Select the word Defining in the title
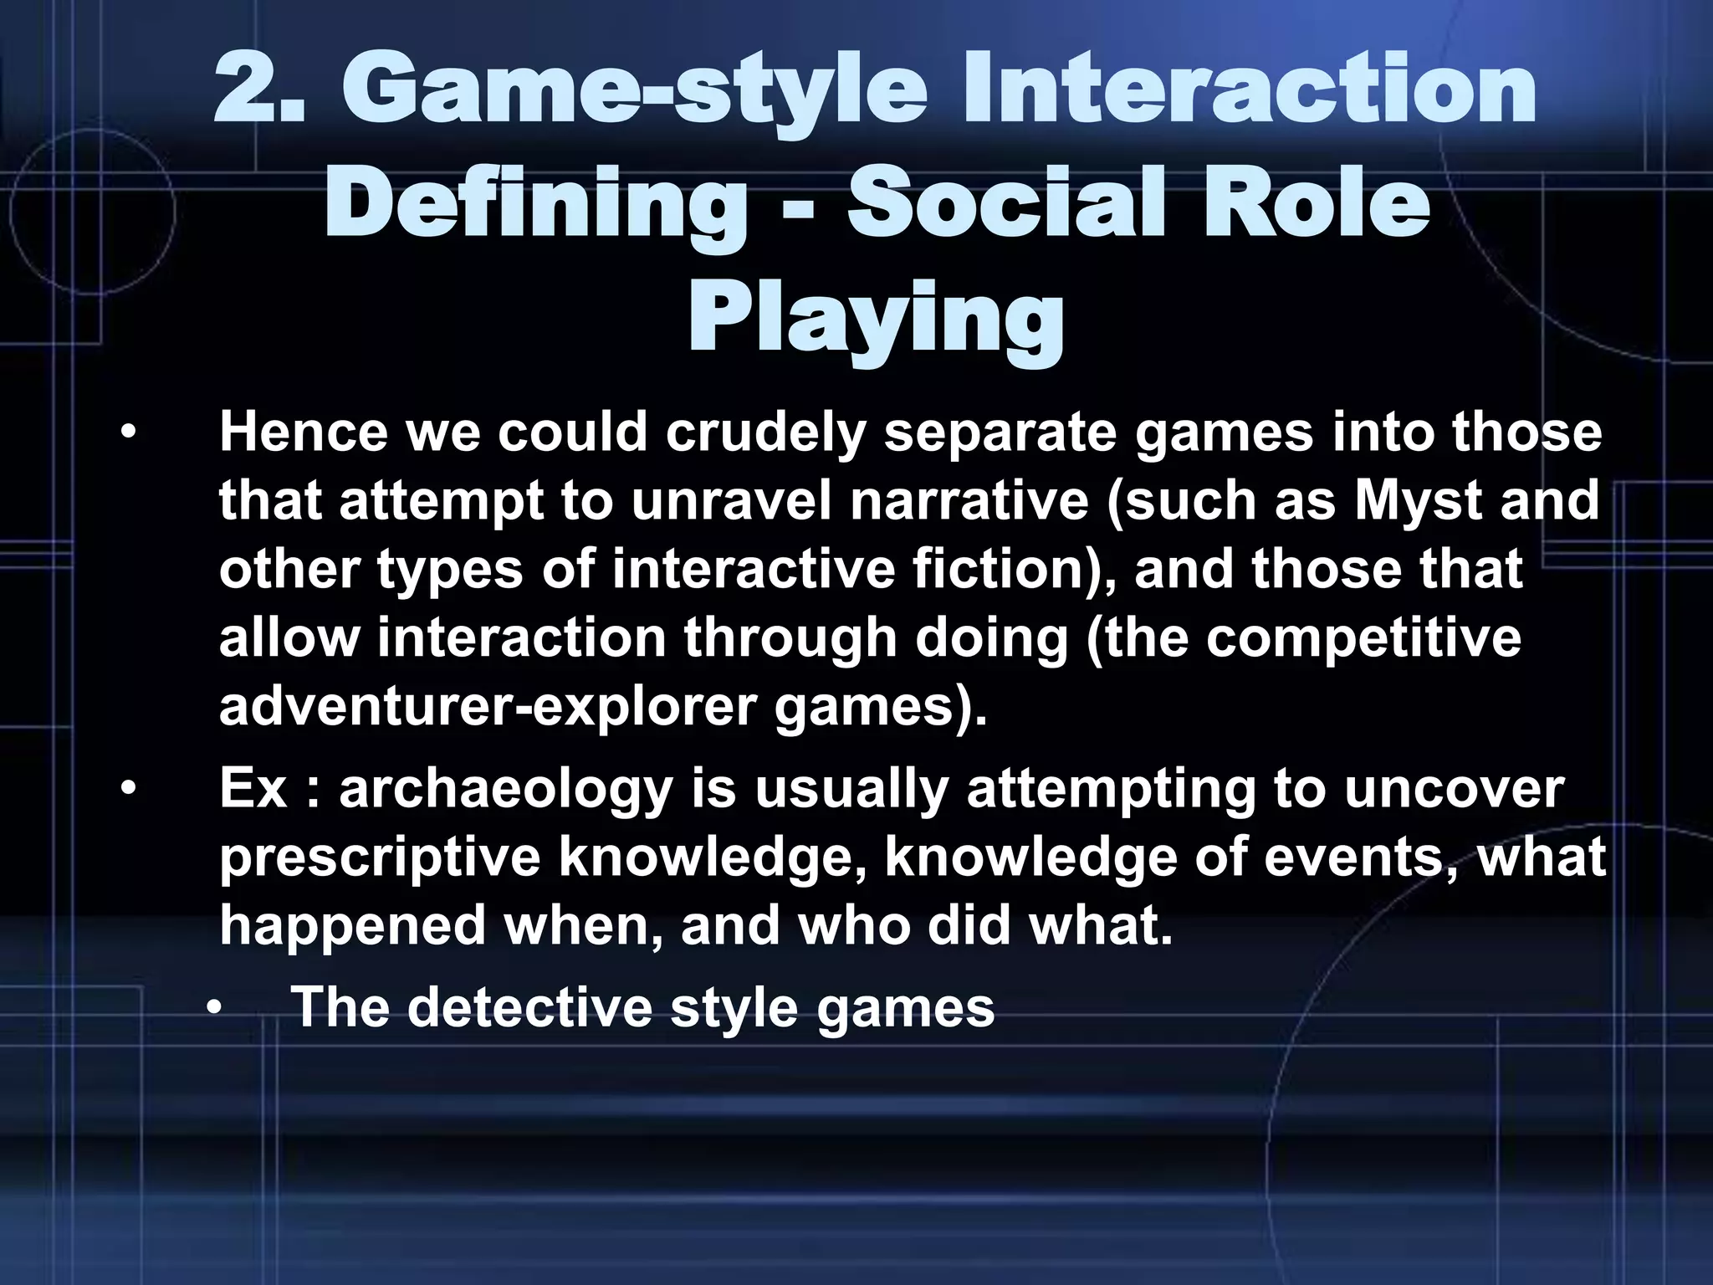pos(535,205)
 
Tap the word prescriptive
pos(380,858)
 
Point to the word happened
pos(352,926)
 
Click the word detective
pos(528,1007)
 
